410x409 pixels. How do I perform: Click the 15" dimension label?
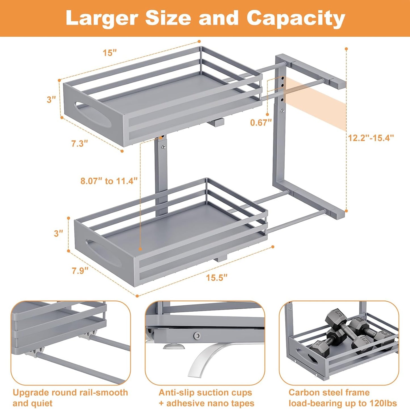[x=110, y=53]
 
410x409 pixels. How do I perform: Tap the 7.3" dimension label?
[x=79, y=143]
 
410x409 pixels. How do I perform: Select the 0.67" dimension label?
[x=261, y=122]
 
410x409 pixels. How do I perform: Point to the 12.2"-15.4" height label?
[x=371, y=138]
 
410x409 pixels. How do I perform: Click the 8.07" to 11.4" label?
[x=109, y=181]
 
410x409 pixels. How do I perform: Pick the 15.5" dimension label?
[x=216, y=277]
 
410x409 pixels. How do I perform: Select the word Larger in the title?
[x=102, y=18]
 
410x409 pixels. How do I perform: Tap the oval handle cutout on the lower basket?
[x=103, y=253]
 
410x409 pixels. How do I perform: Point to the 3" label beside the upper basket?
[x=51, y=100]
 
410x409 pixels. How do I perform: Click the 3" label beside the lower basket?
[x=58, y=233]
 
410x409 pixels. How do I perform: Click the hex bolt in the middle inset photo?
[x=196, y=336]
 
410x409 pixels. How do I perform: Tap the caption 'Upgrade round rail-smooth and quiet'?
[x=70, y=398]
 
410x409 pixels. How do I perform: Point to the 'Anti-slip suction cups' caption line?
[x=205, y=393]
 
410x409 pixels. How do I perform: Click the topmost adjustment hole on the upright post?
[x=283, y=78]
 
